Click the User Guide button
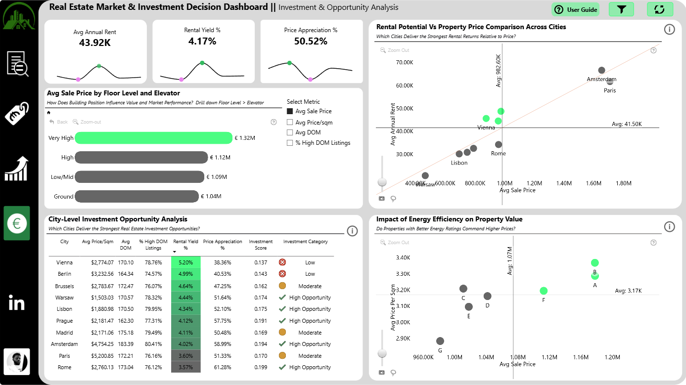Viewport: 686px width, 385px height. click(575, 10)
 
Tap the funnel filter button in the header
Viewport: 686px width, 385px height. click(621, 9)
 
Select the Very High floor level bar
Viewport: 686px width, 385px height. click(153, 138)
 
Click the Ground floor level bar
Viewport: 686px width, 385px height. click(137, 197)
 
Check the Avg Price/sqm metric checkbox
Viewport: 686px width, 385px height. click(290, 123)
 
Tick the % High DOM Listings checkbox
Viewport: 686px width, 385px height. click(290, 143)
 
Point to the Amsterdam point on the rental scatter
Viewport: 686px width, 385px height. click(601, 70)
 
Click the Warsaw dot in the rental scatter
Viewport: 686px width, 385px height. click(425, 175)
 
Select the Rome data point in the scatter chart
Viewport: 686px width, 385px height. click(499, 144)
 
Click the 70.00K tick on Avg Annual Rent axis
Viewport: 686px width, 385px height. click(405, 62)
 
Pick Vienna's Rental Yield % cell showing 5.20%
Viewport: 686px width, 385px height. click(185, 262)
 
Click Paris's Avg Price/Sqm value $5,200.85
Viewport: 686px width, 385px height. click(102, 356)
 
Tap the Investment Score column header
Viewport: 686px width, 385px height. click(261, 245)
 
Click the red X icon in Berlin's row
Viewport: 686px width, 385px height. click(282, 274)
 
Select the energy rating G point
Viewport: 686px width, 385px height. click(440, 341)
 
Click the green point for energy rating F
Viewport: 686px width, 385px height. click(544, 291)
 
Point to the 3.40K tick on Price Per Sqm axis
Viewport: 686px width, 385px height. click(403, 257)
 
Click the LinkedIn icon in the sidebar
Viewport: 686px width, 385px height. click(16, 302)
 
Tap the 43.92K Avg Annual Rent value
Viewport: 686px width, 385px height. click(95, 43)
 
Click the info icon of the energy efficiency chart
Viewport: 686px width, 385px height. click(670, 227)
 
